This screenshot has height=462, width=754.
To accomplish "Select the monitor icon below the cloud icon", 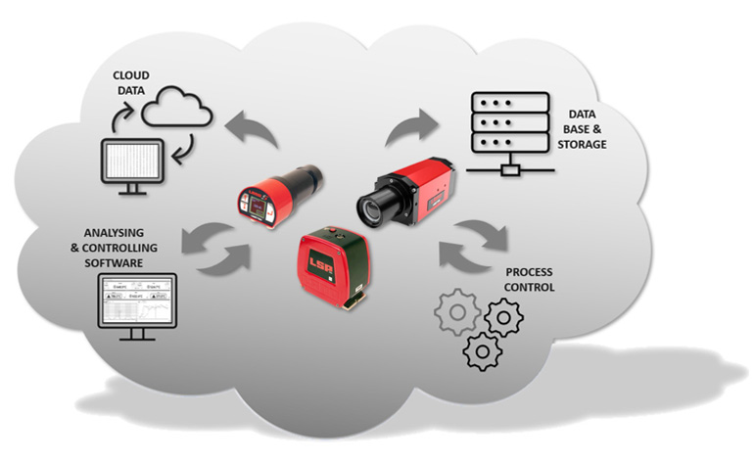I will point(136,165).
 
